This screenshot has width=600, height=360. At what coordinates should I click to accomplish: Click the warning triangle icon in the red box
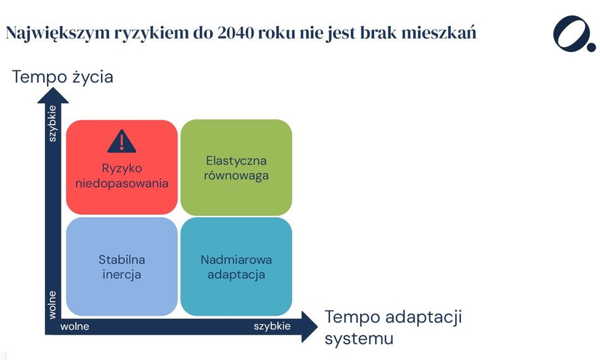click(x=121, y=140)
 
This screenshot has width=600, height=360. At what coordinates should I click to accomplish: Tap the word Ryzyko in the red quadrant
click(x=121, y=168)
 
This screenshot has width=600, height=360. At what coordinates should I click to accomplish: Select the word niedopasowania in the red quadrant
click(x=121, y=183)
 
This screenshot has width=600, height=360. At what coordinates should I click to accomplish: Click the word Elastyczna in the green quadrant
click(x=236, y=160)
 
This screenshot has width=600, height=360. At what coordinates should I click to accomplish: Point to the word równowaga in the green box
click(x=236, y=176)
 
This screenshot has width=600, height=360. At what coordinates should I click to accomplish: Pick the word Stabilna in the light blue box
click(x=121, y=260)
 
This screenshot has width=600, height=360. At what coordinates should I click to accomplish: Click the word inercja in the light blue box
click(x=121, y=275)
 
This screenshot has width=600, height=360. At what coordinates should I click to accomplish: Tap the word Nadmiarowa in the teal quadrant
click(x=236, y=260)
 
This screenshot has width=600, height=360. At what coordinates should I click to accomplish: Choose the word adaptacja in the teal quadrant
click(x=236, y=275)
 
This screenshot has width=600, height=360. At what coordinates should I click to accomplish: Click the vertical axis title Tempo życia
click(x=63, y=77)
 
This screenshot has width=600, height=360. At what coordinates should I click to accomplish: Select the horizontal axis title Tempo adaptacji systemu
click(x=393, y=328)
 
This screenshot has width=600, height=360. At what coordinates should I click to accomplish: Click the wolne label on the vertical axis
click(x=52, y=305)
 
